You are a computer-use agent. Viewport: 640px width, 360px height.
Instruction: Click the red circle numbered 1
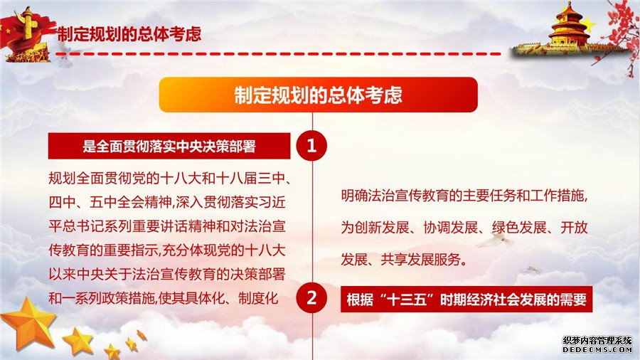[x=311, y=146]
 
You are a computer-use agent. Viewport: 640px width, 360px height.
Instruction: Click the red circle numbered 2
[x=311, y=298]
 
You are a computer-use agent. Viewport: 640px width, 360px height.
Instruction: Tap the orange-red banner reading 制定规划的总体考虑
[x=319, y=95]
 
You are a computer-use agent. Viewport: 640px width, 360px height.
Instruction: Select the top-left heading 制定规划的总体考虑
[x=129, y=34]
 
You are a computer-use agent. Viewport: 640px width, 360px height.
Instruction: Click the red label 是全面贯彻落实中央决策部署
[x=169, y=146]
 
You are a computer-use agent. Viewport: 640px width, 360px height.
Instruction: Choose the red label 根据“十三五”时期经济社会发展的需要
[x=466, y=300]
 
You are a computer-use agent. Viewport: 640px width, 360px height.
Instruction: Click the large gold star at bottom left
[x=28, y=323]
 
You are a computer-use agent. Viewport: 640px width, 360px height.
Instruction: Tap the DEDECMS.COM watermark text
[x=597, y=350]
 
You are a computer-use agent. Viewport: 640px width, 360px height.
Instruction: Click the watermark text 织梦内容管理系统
[x=597, y=340]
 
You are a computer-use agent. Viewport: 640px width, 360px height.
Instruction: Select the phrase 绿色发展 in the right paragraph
[x=519, y=228]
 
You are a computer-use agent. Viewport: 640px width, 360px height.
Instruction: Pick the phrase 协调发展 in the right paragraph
[x=450, y=228]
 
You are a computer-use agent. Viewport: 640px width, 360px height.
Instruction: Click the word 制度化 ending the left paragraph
[x=258, y=298]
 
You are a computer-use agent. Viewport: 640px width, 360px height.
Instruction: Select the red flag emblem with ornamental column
[x=26, y=35]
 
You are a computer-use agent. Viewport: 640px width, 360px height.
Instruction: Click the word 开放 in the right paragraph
[x=574, y=228]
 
